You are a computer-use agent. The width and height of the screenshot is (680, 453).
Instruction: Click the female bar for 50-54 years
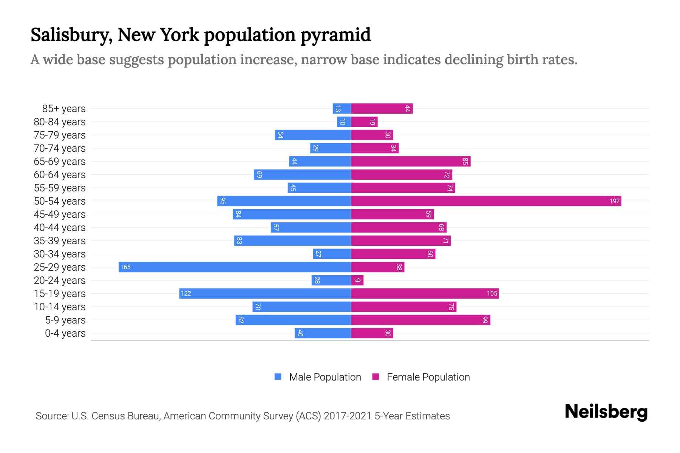coord(486,201)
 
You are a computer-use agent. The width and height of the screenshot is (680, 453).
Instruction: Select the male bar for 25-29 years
coord(235,267)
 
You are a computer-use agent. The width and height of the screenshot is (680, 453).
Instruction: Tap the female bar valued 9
coord(357,280)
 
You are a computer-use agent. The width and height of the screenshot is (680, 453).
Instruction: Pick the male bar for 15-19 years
coord(265,294)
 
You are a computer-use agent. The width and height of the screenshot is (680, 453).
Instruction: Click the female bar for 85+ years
coord(382,109)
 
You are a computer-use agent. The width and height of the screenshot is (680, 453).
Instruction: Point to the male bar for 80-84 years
coord(344,122)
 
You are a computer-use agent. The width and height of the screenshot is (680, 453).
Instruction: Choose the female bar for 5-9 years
coord(420,320)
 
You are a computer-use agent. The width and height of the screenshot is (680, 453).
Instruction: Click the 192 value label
coord(614,201)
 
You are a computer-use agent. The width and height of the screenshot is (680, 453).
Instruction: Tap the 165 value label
coord(125,267)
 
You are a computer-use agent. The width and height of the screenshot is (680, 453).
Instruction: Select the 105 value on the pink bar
coord(492,294)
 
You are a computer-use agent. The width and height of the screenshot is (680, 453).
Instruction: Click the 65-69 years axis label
coord(60,162)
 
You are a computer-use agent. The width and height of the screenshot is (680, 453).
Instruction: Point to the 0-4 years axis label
coord(65,333)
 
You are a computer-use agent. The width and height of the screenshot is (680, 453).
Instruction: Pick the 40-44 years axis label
coord(60,228)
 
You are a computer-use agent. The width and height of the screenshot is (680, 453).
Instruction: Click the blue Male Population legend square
coord(278,377)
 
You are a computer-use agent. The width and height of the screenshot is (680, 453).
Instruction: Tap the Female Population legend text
coord(428,377)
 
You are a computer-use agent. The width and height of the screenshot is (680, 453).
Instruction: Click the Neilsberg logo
coord(606,412)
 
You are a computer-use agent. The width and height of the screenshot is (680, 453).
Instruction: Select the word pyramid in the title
coord(335,35)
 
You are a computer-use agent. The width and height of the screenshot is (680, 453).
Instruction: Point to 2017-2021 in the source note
coord(347,416)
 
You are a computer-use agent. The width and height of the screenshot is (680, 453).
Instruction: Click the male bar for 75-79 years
coord(313,135)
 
